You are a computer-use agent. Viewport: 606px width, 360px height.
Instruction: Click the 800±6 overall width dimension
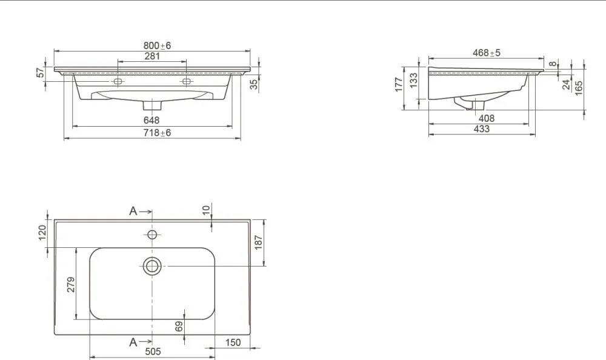click(x=157, y=45)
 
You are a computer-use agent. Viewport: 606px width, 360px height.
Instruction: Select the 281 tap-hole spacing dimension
click(x=152, y=56)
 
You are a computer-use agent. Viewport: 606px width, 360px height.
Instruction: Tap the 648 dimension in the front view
click(x=151, y=120)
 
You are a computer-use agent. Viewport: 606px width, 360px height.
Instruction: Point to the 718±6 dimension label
click(x=157, y=133)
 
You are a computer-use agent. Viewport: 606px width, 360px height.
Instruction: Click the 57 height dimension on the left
click(x=41, y=72)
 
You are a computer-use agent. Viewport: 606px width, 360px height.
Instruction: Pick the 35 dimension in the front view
click(x=254, y=84)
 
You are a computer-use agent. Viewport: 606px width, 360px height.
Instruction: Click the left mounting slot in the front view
click(x=118, y=81)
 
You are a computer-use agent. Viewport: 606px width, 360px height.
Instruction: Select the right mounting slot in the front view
click(x=186, y=81)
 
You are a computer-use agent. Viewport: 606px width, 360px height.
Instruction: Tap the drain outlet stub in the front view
click(x=152, y=105)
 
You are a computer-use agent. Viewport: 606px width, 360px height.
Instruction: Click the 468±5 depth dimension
click(x=487, y=53)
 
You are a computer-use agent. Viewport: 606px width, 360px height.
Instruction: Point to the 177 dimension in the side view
click(x=399, y=84)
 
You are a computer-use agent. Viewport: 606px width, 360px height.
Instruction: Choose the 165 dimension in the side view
click(x=579, y=88)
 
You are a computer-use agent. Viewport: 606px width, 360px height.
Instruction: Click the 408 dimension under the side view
click(x=487, y=118)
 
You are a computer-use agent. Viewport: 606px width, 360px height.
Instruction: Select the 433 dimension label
click(x=482, y=128)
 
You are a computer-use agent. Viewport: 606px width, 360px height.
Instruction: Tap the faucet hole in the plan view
click(x=152, y=235)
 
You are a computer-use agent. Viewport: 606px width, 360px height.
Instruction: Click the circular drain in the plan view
click(x=152, y=266)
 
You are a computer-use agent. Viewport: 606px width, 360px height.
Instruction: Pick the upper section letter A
click(x=133, y=211)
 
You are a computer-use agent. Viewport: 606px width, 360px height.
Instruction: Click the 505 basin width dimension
click(x=153, y=352)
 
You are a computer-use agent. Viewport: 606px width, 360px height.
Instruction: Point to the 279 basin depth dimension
click(x=71, y=284)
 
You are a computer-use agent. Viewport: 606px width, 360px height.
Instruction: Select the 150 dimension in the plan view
click(x=233, y=342)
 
